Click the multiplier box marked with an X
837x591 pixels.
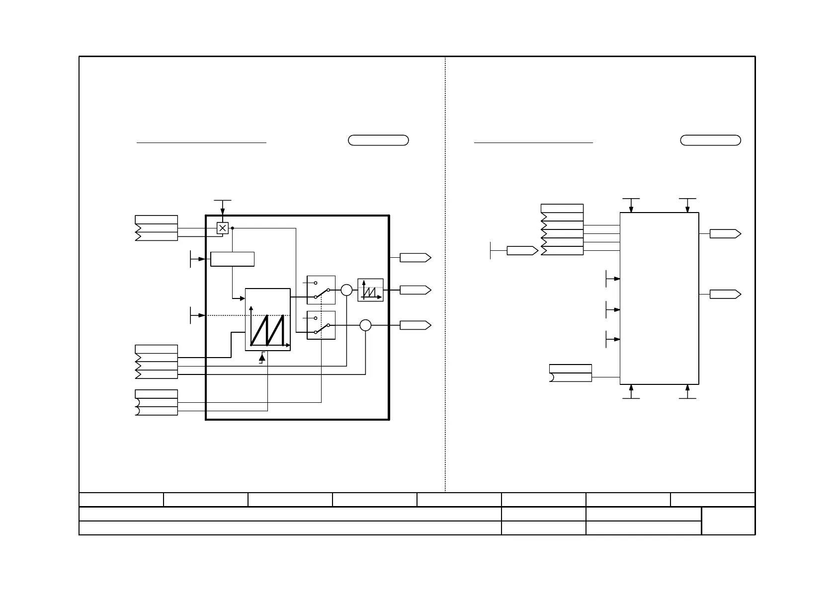point(223,228)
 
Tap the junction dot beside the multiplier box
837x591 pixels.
point(233,228)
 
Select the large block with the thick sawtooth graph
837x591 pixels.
point(267,319)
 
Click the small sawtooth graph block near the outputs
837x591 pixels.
point(370,290)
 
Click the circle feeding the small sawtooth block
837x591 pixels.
point(346,290)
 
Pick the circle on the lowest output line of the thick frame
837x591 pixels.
point(365,325)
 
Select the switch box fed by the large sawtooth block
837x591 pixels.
point(321,290)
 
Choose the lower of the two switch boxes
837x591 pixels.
point(321,325)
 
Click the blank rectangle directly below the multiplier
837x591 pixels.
point(232,259)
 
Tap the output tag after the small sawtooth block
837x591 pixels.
point(415,290)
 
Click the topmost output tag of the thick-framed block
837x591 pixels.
point(415,258)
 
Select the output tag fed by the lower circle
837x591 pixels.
point(415,325)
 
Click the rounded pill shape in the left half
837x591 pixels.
point(378,140)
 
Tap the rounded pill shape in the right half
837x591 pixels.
point(710,140)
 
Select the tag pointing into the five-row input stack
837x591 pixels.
point(522,250)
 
